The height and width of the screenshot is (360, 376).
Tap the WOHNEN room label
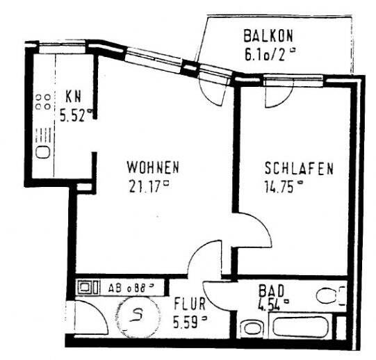pyautogui.click(x=154, y=168)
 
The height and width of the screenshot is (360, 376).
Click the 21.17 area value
pyautogui.click(x=148, y=186)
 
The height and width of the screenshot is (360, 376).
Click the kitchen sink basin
pyautogui.click(x=42, y=151)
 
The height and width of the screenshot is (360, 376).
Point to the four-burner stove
pyautogui.click(x=42, y=103)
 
